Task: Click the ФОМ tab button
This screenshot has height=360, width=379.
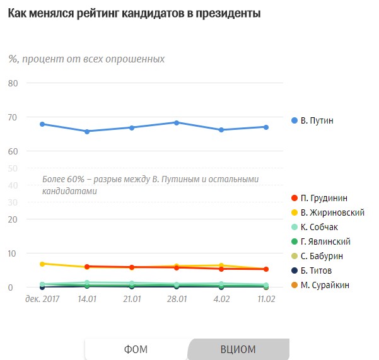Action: pos(136,349)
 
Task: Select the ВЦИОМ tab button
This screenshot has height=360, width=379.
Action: pos(238,349)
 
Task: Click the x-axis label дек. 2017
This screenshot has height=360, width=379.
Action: pos(42,297)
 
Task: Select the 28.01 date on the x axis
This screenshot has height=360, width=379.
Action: pos(177,297)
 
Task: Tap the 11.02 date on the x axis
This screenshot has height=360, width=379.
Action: pos(265,297)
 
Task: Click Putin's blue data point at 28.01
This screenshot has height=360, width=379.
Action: pos(177,122)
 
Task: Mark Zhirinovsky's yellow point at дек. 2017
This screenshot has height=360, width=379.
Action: pos(42,264)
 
